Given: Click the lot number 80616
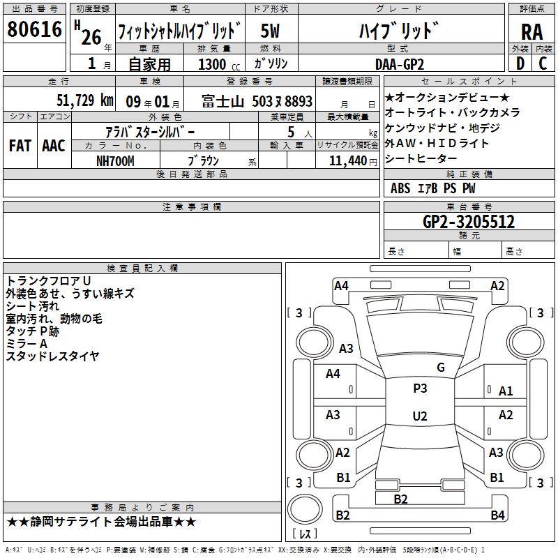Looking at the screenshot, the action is (34, 29).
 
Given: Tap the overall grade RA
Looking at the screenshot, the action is (532, 32).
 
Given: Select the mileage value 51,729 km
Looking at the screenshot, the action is (85, 100).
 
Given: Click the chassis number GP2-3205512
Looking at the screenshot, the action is (469, 222).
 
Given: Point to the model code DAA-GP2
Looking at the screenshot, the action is (400, 64).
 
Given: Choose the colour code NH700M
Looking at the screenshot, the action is (115, 161).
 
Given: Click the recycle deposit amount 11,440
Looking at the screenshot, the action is (348, 161).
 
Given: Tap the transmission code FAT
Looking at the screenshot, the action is (20, 146).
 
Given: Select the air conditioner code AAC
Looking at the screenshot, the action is (54, 146).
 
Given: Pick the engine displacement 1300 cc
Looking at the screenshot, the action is (219, 64).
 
